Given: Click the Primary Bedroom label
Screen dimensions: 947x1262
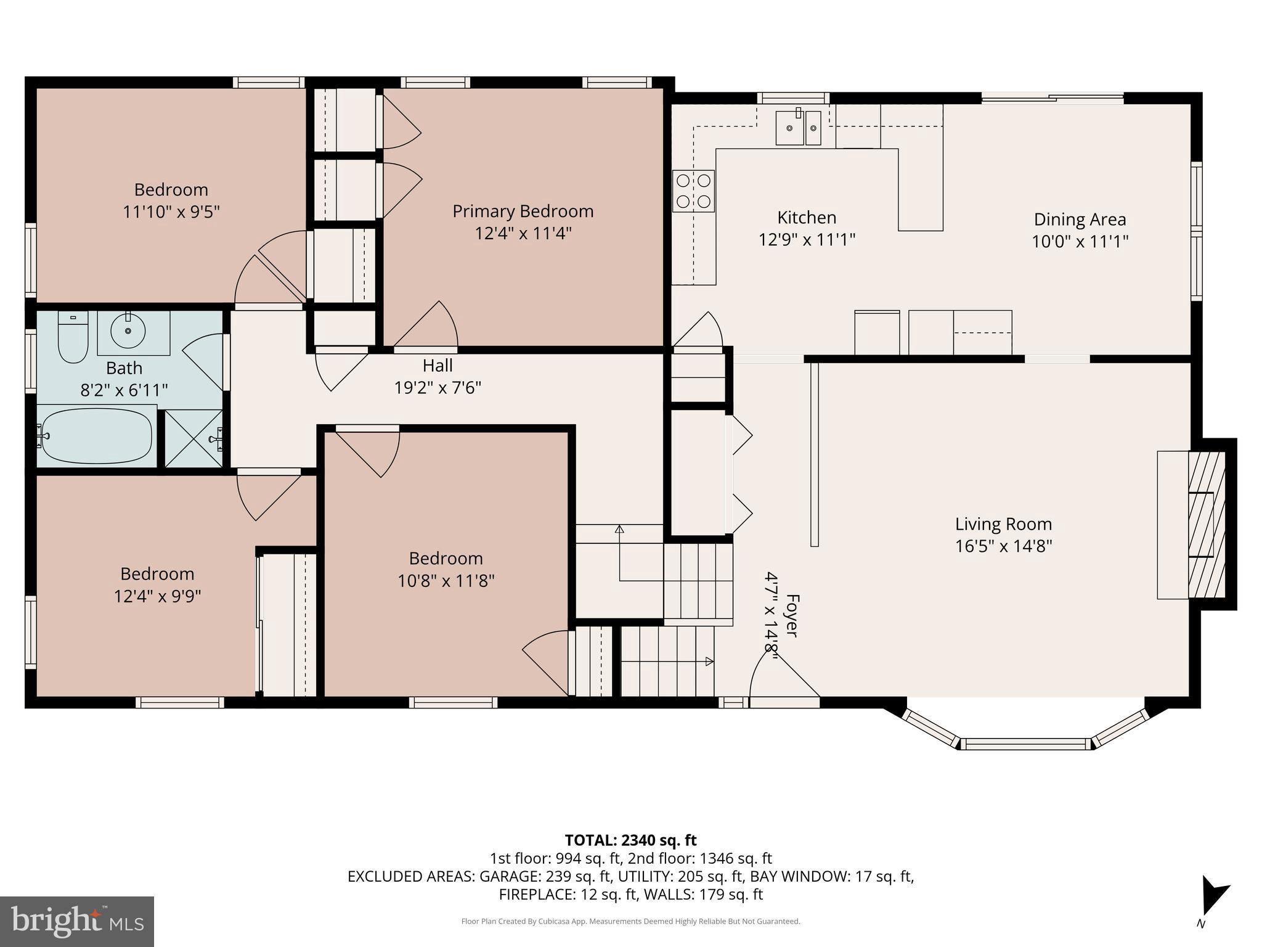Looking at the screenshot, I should click(523, 211).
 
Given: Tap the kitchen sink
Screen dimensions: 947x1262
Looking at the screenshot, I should click(798, 128).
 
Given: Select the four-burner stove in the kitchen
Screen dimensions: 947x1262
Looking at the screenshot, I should click(693, 191).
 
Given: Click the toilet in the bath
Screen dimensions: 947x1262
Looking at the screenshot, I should click(73, 338).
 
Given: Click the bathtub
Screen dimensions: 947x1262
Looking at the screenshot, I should click(96, 435).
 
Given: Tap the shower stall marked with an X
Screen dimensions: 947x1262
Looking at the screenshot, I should click(193, 438).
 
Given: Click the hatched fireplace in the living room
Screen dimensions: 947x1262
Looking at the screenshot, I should click(1205, 524).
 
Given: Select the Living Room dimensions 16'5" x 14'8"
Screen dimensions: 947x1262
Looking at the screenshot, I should click(1003, 546).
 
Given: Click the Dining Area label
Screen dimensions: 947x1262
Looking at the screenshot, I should click(1080, 219).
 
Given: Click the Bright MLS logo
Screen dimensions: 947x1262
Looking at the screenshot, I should click(76, 921).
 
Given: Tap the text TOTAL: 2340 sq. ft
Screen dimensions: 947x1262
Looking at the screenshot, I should click(630, 840).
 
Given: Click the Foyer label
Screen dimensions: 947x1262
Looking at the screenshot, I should click(792, 615).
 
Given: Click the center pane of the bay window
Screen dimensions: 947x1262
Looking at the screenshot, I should click(1025, 744).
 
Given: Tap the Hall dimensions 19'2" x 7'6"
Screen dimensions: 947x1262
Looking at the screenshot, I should click(438, 388).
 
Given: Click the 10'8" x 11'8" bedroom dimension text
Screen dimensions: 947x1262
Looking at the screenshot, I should click(446, 581).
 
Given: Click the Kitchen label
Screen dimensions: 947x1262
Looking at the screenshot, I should click(807, 218).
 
